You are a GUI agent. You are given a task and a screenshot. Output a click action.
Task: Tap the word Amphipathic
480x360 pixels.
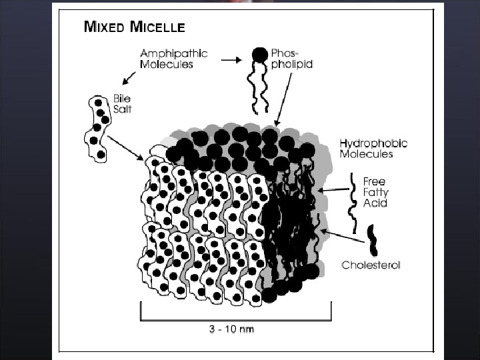click(x=174, y=53)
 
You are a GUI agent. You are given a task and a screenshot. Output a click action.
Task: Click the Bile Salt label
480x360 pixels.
click(x=122, y=105)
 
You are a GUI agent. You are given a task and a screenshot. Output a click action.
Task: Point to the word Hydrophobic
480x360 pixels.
click(x=373, y=143)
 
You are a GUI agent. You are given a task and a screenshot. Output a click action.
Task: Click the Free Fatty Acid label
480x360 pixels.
click(x=375, y=192)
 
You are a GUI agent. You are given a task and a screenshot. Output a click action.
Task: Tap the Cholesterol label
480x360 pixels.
click(x=371, y=265)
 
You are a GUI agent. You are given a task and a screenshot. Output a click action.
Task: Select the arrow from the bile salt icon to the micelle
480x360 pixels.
click(x=125, y=148)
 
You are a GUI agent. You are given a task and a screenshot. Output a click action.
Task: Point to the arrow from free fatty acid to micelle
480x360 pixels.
click(x=333, y=190)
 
